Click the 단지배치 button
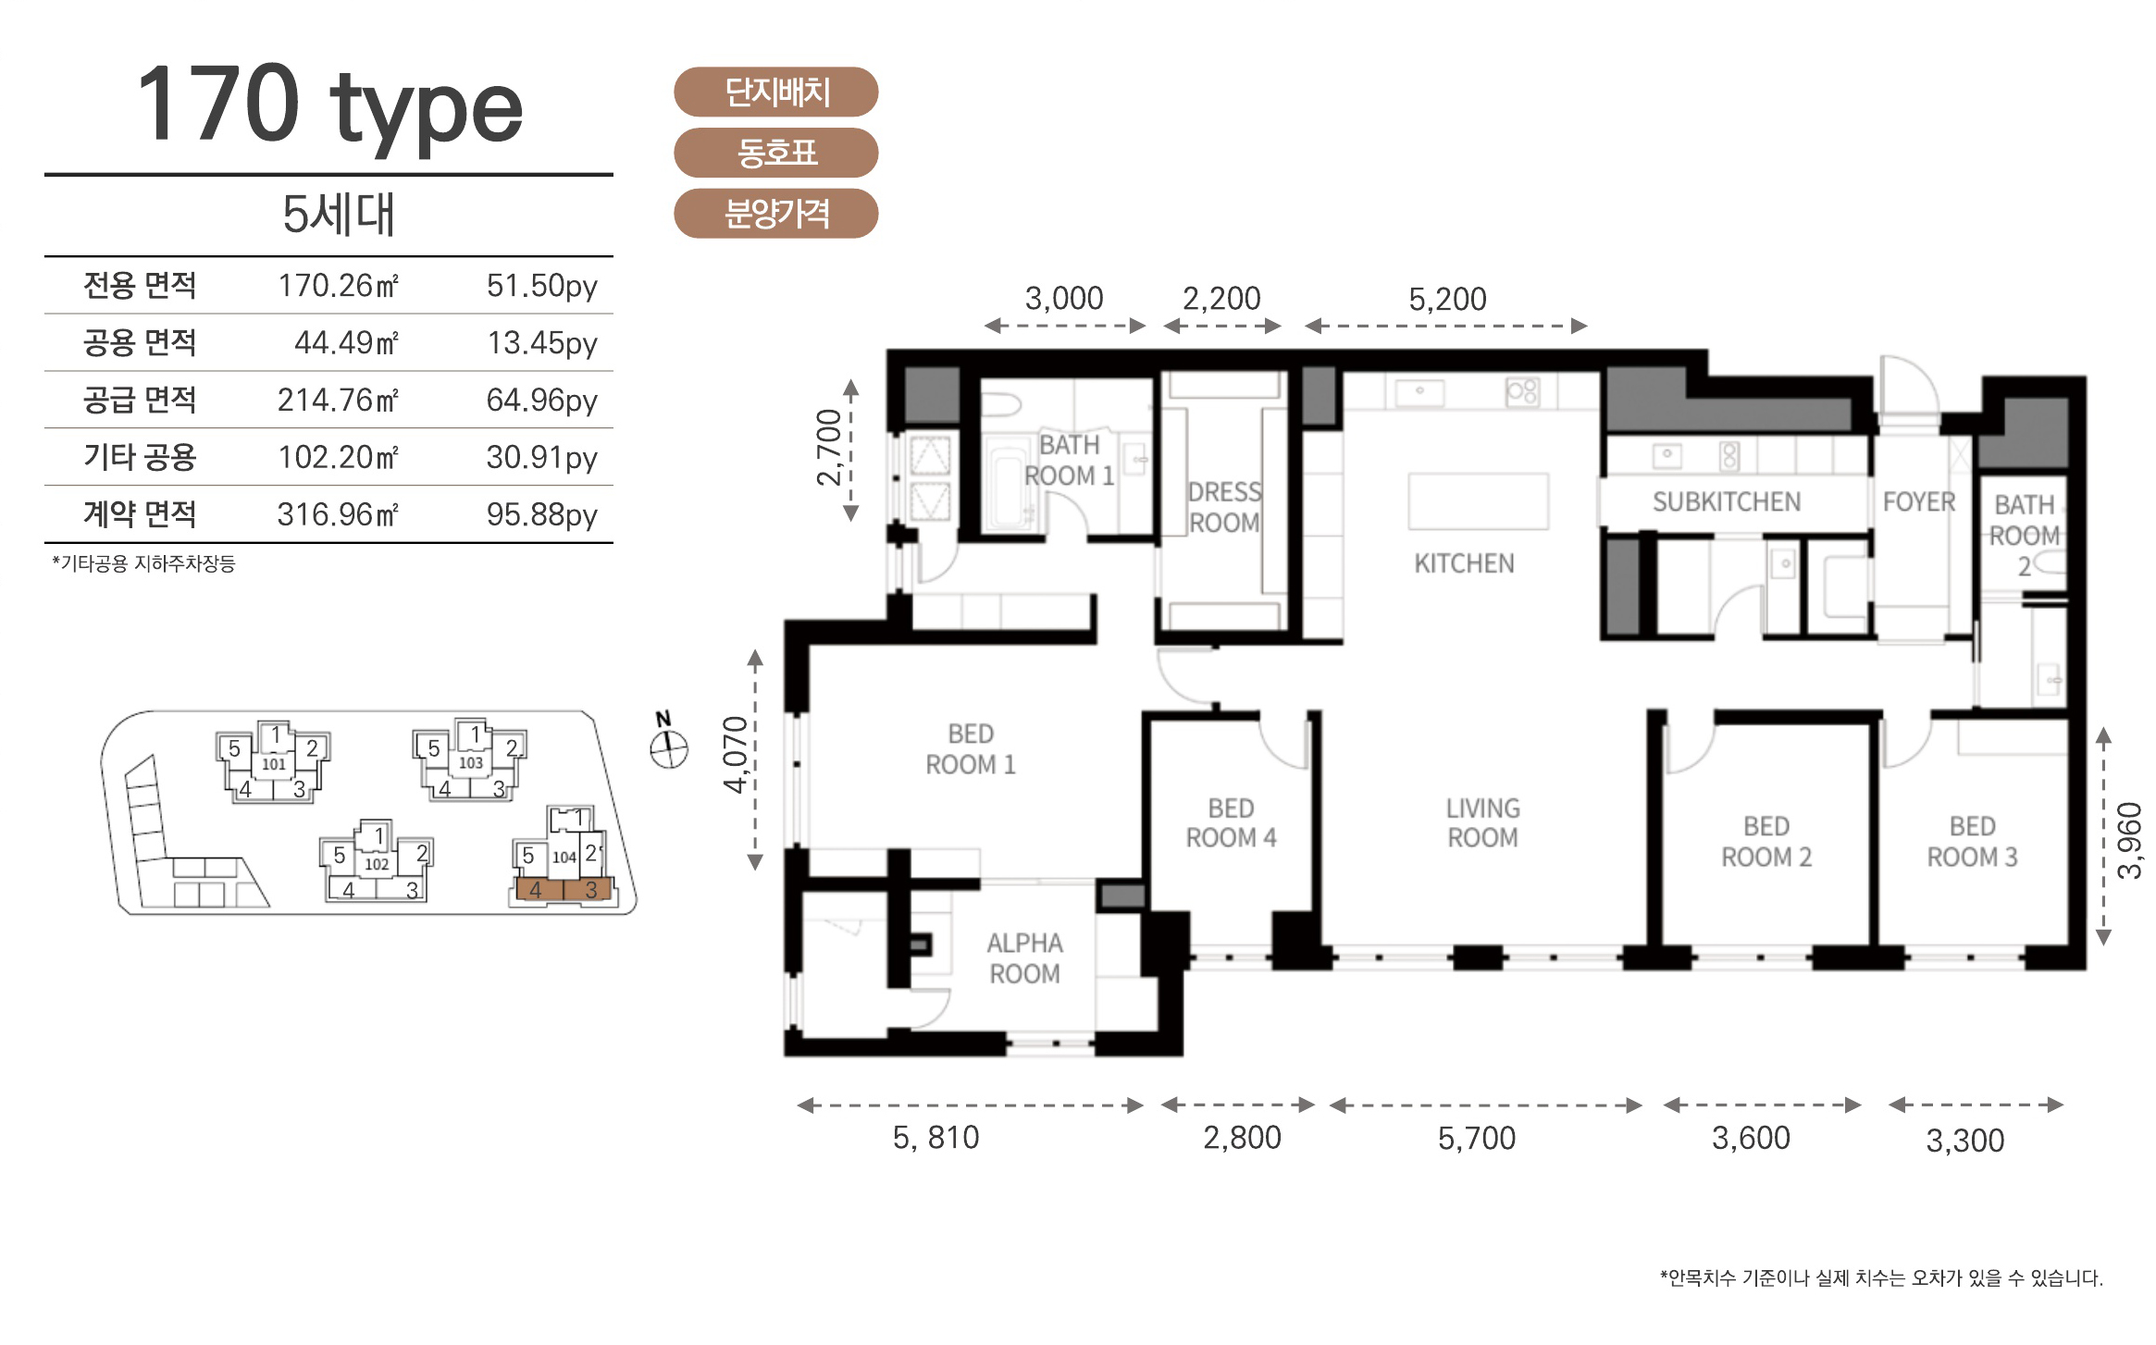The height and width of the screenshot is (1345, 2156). tap(775, 92)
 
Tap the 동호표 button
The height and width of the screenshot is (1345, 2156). tap(775, 153)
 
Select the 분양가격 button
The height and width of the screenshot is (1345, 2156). tap(775, 214)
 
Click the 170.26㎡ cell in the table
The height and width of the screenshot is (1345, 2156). tap(338, 285)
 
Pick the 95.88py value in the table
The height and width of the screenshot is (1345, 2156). tap(542, 514)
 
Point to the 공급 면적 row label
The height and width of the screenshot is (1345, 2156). tap(140, 400)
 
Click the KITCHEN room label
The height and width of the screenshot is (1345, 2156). tap(1464, 563)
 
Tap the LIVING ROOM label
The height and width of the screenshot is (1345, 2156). tap(1482, 822)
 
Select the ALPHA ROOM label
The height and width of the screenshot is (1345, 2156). tap(1024, 958)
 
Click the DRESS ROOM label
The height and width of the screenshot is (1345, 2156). tap(1224, 507)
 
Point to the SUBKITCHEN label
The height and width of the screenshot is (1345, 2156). tap(1727, 502)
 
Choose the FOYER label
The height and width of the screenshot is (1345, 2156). tap(1919, 502)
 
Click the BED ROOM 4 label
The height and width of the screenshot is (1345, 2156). tap(1231, 822)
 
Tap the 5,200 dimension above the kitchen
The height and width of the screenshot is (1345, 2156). tap(1447, 299)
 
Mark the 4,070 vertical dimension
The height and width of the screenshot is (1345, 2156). tap(736, 754)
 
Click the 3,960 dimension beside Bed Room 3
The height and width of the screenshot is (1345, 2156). tap(2129, 840)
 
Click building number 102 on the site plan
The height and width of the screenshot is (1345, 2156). tap(377, 865)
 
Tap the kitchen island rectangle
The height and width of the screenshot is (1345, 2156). tap(1479, 501)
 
